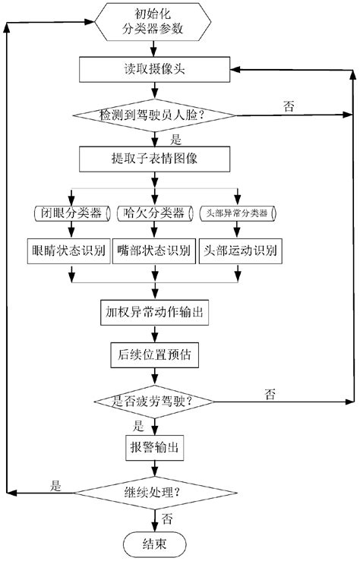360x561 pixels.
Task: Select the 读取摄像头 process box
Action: [x=156, y=68]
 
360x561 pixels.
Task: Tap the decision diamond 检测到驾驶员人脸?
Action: [x=156, y=115]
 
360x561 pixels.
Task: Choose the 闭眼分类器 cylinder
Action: [x=70, y=213]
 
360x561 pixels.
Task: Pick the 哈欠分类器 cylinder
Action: [x=155, y=213]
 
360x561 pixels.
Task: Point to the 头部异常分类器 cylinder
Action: [x=238, y=213]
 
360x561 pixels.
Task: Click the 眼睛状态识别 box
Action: [x=70, y=249]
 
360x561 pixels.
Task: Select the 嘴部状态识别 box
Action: [x=155, y=249]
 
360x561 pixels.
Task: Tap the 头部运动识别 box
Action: [x=238, y=249]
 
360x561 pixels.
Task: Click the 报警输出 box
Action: [x=155, y=446]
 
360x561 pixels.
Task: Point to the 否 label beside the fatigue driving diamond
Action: [x=270, y=392]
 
